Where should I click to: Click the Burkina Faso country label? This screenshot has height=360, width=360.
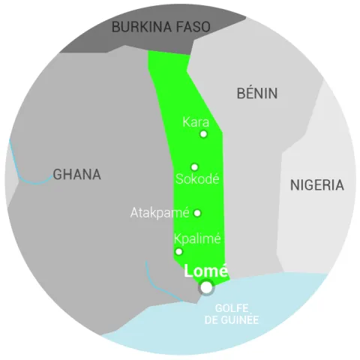click(x=160, y=27)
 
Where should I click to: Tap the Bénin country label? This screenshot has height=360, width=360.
click(x=256, y=94)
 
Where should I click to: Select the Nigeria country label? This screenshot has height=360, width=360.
click(x=316, y=185)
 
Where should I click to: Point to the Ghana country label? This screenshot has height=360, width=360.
click(x=76, y=175)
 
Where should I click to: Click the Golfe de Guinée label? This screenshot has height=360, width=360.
click(x=232, y=314)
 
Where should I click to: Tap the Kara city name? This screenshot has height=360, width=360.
click(x=196, y=121)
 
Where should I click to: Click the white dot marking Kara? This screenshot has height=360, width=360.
click(x=203, y=134)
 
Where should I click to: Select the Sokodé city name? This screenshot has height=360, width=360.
click(x=196, y=179)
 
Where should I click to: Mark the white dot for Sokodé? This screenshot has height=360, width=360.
click(x=194, y=167)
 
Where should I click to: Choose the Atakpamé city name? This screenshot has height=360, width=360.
click(x=160, y=213)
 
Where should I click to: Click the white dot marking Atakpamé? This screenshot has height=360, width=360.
click(x=197, y=213)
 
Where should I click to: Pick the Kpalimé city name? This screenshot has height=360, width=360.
click(x=197, y=239)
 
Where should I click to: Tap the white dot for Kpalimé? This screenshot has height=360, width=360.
click(x=178, y=251)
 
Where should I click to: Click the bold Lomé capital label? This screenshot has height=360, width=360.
click(x=205, y=271)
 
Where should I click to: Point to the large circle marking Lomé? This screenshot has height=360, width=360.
click(x=205, y=288)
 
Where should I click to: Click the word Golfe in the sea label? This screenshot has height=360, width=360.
click(x=232, y=308)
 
